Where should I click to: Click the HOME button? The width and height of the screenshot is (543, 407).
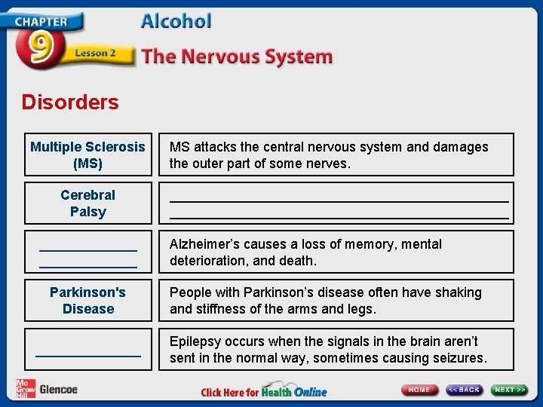click(x=419, y=390)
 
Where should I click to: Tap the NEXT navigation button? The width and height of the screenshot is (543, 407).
click(x=510, y=390)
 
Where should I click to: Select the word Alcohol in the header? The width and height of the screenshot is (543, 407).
click(x=176, y=21)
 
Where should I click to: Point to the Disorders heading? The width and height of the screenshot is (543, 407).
click(x=70, y=103)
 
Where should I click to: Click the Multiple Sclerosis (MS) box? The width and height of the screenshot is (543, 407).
click(x=87, y=155)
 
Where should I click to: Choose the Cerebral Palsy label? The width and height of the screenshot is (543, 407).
click(x=87, y=203)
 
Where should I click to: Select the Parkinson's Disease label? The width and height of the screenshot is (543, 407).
click(x=87, y=300)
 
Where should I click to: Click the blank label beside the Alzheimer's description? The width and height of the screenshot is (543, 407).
click(x=87, y=252)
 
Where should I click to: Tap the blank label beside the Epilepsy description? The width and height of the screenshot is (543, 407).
click(x=87, y=349)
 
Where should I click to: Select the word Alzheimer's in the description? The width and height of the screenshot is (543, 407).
click(x=205, y=244)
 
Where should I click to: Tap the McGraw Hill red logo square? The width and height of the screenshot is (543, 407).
click(x=26, y=388)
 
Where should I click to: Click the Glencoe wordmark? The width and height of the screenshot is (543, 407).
click(x=58, y=389)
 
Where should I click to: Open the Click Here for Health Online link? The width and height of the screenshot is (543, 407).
click(x=264, y=392)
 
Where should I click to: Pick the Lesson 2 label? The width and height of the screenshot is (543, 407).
click(x=95, y=54)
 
